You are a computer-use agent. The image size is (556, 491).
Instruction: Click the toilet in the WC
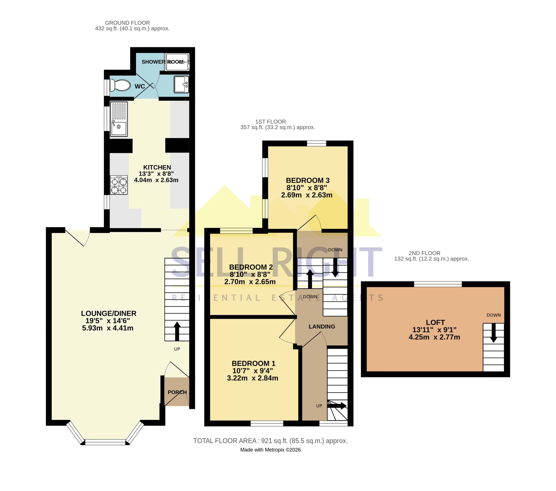pos(120,85)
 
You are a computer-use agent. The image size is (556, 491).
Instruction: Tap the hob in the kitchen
pos(119,185)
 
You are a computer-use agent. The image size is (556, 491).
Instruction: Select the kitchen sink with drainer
pos(119,119)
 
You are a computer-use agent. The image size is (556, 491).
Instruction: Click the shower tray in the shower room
pos(177,62)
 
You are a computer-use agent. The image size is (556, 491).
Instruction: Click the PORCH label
pos(177,392)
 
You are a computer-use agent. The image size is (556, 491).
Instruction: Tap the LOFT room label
pos(435,322)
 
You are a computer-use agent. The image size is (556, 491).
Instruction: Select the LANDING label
pos(322,326)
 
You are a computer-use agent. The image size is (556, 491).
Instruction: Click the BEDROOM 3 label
pos(308,180)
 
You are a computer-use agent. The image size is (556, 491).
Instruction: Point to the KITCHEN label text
pos(157,167)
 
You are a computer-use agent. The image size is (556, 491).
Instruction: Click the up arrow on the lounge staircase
pos(177,331)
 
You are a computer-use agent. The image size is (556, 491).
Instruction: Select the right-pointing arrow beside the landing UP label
pos(337,406)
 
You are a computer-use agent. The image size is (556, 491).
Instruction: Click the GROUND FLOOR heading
pos(127,23)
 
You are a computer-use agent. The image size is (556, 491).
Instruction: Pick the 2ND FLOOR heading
pos(424,253)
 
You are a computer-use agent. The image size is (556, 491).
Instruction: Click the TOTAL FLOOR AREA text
pos(270,441)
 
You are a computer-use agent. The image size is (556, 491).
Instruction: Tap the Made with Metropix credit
pos(270,450)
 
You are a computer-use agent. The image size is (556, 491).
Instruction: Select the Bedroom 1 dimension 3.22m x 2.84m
pos(253,378)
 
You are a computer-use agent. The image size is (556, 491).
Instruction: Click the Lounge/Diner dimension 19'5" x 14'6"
pos(108,321)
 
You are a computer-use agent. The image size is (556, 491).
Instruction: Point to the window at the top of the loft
pos(438,284)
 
